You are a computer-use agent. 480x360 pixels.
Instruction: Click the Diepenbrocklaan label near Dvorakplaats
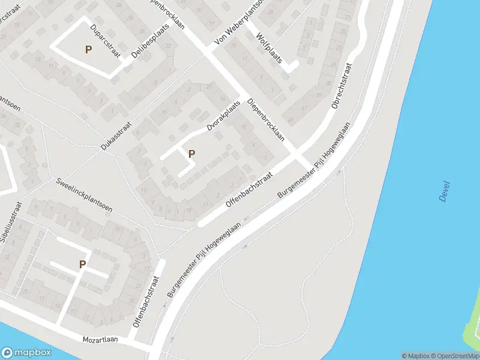point(265,119)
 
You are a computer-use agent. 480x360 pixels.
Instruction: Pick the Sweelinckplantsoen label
point(83,195)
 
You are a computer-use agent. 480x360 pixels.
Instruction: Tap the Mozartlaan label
point(101,340)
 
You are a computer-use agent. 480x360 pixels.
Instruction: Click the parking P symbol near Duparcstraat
point(88,50)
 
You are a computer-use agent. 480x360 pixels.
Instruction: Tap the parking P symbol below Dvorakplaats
point(191,154)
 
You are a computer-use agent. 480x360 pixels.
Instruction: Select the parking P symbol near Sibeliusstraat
point(82,264)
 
